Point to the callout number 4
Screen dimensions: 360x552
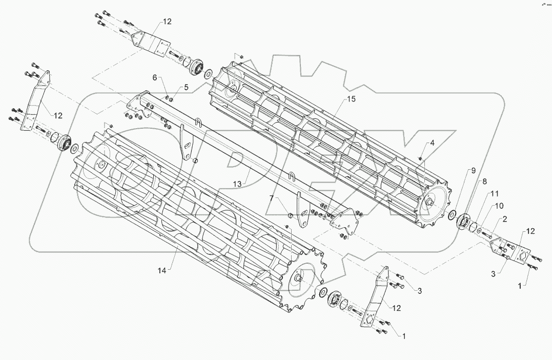[433, 143]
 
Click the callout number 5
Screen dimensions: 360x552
[186, 87]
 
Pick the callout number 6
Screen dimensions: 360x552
[154, 77]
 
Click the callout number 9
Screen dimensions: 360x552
[474, 170]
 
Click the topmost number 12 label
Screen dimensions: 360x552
[168, 22]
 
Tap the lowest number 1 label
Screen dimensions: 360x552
[403, 336]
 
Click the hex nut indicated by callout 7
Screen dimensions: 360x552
[290, 215]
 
